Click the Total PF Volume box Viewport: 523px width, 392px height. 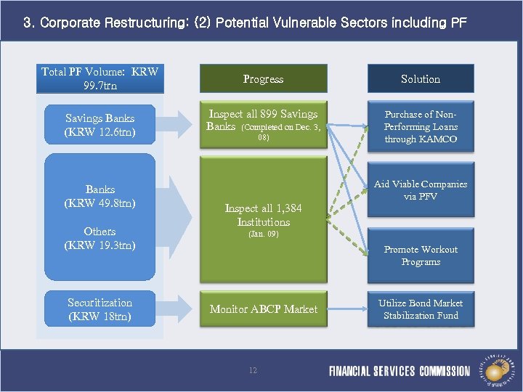click(x=100, y=78)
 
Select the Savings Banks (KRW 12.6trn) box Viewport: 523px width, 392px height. click(x=100, y=125)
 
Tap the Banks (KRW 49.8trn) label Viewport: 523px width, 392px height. click(x=100, y=196)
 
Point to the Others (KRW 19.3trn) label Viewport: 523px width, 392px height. click(x=100, y=238)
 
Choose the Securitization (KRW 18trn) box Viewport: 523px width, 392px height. click(x=100, y=309)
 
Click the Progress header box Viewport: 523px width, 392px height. click(x=263, y=78)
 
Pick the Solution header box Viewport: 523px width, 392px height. click(x=421, y=78)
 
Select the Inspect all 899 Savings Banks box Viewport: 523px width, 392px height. click(x=263, y=125)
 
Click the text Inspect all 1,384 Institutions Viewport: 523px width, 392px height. click(x=263, y=215)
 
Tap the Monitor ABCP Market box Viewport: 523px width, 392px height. click(x=263, y=309)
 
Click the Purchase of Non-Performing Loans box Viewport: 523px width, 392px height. click(x=421, y=126)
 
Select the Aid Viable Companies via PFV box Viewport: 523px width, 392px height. click(x=421, y=190)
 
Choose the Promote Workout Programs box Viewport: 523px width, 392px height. click(x=421, y=256)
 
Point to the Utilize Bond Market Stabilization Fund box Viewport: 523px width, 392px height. click(x=421, y=309)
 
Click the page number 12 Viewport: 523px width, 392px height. click(x=253, y=370)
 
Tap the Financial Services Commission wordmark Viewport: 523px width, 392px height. click(x=400, y=371)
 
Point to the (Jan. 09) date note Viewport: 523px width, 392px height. click(x=263, y=234)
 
